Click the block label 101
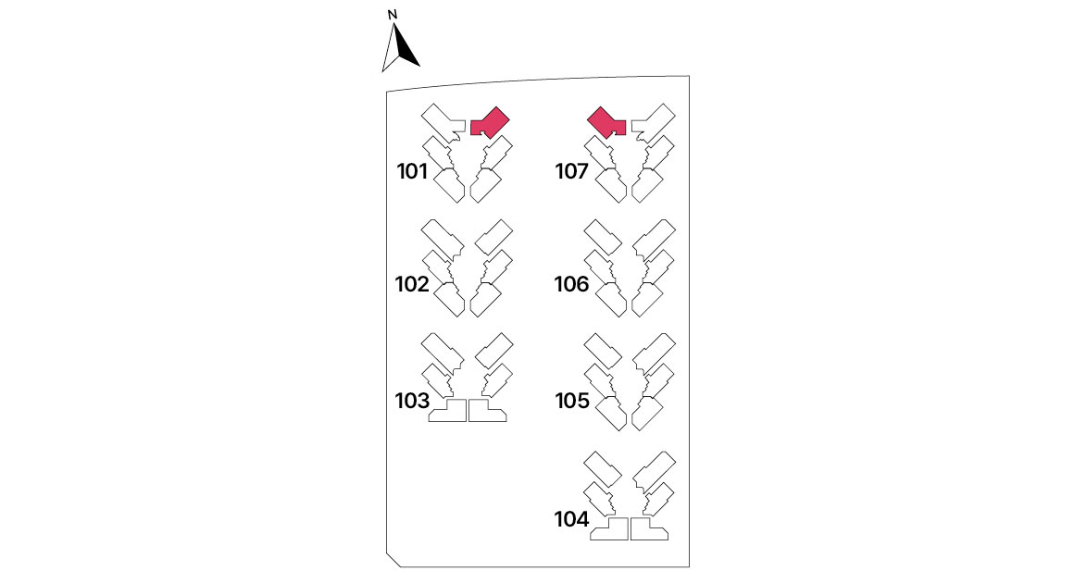tap(412, 171)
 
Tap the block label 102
tap(412, 284)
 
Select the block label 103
tap(412, 401)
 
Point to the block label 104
tap(572, 519)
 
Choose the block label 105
tap(572, 401)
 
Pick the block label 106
tap(572, 284)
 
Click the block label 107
tap(572, 171)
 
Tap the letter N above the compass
tap(393, 15)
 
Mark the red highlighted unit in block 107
tap(606, 122)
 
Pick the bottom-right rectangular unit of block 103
tap(486, 411)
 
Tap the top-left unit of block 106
tap(603, 237)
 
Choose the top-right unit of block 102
tap(493, 237)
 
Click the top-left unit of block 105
tap(603, 351)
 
